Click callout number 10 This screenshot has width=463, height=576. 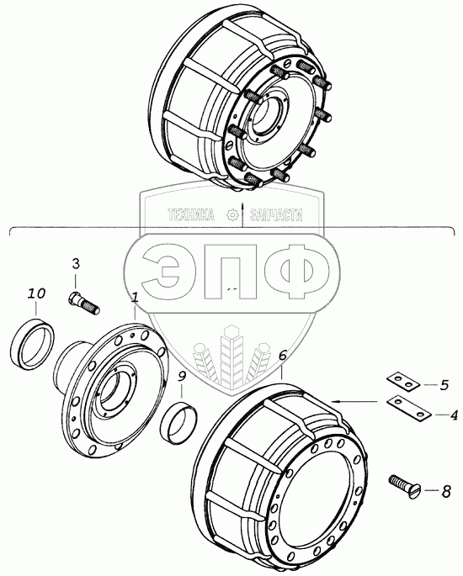pyautogui.click(x=37, y=293)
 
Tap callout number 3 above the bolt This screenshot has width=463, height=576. pyautogui.click(x=76, y=263)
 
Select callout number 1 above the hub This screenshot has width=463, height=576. pyautogui.click(x=135, y=297)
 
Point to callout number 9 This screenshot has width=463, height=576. pyautogui.click(x=181, y=377)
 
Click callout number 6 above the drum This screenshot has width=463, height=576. pyautogui.click(x=283, y=355)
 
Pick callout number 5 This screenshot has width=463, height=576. pyautogui.click(x=444, y=384)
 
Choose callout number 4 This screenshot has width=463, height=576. pyautogui.click(x=454, y=415)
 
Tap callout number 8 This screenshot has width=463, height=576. pyautogui.click(x=445, y=492)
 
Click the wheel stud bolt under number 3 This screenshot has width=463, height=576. pyautogui.click(x=84, y=303)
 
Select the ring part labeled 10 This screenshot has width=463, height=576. pyautogui.click(x=32, y=344)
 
